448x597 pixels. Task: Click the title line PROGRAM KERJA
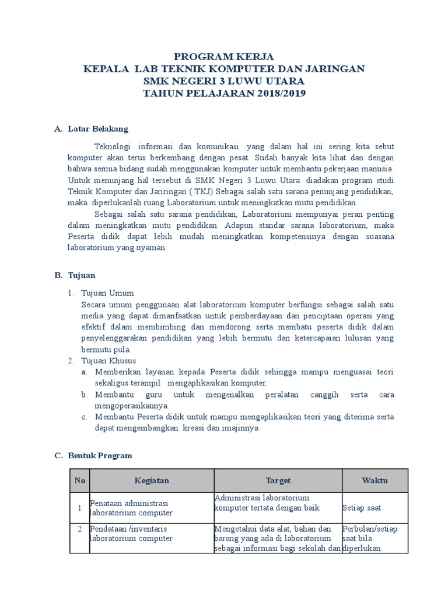224,56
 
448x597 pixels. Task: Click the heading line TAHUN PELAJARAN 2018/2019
224,93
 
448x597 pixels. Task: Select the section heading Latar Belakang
97,128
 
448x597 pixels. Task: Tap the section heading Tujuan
81,275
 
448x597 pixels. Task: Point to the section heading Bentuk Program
100,455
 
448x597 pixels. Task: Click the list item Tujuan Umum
108,293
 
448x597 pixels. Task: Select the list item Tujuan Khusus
109,361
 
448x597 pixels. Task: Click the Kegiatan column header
151,481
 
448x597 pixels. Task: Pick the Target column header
278,481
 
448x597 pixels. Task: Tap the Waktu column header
374,481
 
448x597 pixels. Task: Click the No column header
79,481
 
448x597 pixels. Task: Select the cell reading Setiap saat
361,508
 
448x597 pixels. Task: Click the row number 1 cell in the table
79,508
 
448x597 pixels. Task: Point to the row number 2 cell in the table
79,529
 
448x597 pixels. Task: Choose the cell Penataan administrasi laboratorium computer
131,508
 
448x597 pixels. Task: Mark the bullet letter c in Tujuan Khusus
85,417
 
